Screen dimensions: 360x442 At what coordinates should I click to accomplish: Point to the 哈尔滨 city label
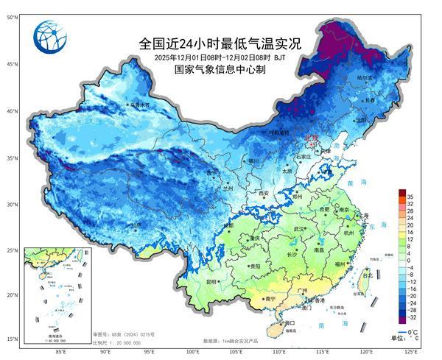tap(365, 77)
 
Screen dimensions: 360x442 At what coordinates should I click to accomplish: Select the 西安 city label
tap(264, 193)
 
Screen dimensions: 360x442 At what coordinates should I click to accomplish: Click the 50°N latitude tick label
tap(13, 17)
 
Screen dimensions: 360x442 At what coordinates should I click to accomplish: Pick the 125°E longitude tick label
tap(418, 353)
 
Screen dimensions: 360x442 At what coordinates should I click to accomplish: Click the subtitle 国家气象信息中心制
tap(220, 69)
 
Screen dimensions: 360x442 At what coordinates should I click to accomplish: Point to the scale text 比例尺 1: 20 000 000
tap(118, 343)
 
